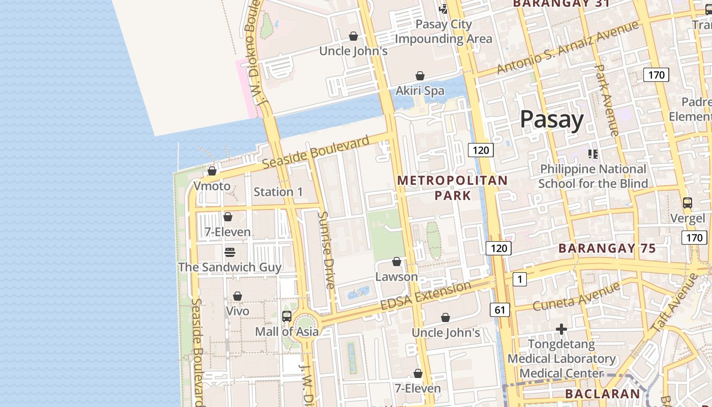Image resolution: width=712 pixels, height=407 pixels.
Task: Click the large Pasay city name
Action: pyautogui.click(x=552, y=120)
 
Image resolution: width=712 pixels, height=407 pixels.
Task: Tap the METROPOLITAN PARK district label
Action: pyautogui.click(x=452, y=188)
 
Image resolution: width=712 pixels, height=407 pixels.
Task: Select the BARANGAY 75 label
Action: pyautogui.click(x=607, y=248)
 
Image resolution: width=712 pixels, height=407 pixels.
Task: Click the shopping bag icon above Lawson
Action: pyautogui.click(x=397, y=261)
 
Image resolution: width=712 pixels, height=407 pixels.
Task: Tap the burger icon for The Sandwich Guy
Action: pyautogui.click(x=230, y=252)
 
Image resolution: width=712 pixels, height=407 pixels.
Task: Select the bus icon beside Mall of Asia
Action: pyautogui.click(x=287, y=316)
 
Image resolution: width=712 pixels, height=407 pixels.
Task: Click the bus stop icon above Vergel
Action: pyautogui.click(x=688, y=203)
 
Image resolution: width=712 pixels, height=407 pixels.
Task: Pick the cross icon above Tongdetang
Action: pyautogui.click(x=561, y=330)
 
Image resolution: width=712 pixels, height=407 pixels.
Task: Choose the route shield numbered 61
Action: pyautogui.click(x=500, y=309)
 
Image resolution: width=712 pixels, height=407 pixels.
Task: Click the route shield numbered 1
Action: pyautogui.click(x=519, y=279)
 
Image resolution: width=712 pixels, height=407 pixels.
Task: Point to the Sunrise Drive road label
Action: pyautogui.click(x=326, y=249)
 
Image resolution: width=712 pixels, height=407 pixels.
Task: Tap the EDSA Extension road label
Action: pyautogui.click(x=426, y=296)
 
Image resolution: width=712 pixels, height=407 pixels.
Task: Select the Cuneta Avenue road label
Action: pyautogui.click(x=576, y=296)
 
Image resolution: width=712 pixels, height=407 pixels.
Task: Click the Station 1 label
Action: pyautogui.click(x=278, y=192)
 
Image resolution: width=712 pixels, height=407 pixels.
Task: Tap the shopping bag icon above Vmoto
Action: pyautogui.click(x=212, y=171)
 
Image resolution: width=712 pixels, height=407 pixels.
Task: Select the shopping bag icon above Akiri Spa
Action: pyautogui.click(x=420, y=76)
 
